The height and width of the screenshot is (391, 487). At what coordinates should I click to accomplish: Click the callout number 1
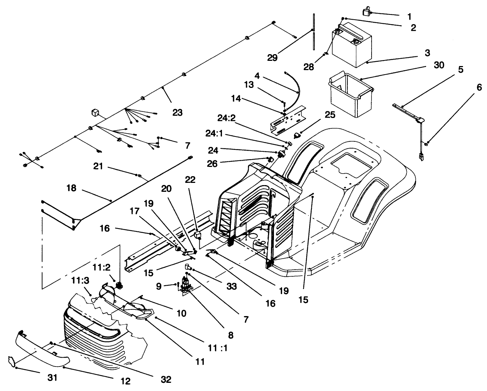(409, 16)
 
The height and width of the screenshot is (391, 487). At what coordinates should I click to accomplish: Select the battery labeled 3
(350, 45)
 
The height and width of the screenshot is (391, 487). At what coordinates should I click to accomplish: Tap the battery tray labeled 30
(351, 94)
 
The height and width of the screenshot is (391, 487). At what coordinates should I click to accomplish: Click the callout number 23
(177, 112)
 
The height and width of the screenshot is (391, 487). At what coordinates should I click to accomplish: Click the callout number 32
(166, 379)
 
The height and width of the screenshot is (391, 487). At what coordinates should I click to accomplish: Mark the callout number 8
(231, 335)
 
